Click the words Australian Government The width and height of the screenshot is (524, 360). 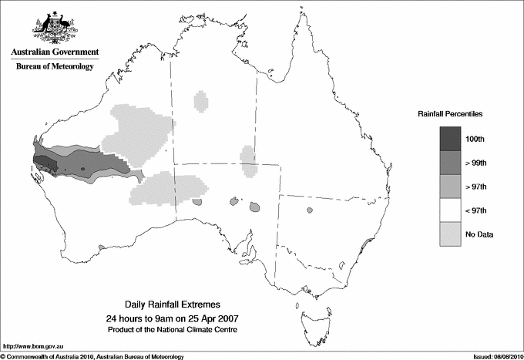click(55, 52)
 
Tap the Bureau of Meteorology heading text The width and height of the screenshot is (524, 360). click(55, 67)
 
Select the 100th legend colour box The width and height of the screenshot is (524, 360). click(452, 139)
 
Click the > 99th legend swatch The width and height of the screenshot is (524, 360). click(452, 163)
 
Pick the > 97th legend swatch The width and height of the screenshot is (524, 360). click(452, 187)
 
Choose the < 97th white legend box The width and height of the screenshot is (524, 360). click(452, 210)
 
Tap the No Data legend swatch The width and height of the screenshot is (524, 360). click(452, 234)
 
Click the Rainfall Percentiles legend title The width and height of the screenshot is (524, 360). click(450, 113)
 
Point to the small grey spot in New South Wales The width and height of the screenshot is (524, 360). click(310, 210)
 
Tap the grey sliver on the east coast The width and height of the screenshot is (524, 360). click(365, 247)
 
